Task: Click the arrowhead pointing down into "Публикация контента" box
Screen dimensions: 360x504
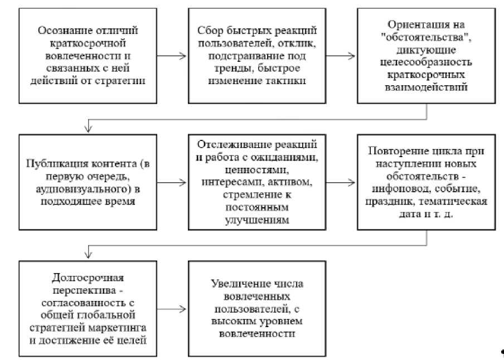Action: pyautogui.click(x=86, y=129)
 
